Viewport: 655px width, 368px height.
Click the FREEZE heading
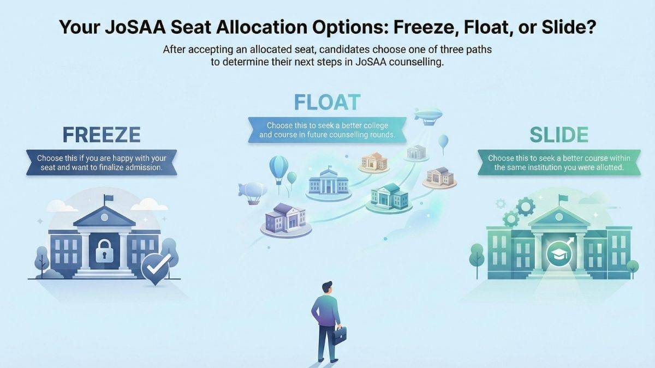102,134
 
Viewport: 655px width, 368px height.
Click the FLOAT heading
327,102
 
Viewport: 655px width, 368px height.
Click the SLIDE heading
552,134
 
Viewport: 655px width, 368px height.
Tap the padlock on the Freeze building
104,251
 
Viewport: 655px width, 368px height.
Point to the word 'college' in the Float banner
374,125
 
